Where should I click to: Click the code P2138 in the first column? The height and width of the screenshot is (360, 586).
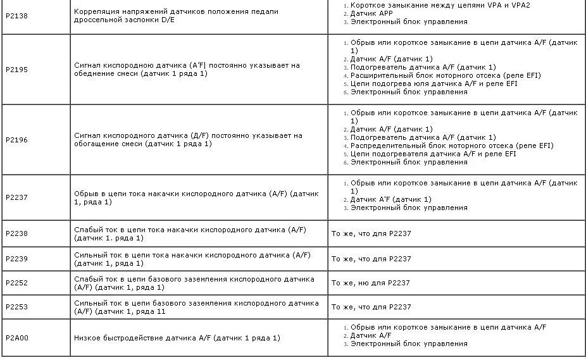point(16,16)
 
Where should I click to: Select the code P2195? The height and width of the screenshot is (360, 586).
point(16,69)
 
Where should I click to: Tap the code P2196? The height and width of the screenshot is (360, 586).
point(16,139)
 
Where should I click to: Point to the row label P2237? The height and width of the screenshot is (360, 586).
point(16,197)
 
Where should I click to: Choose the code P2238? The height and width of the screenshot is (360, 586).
point(16,233)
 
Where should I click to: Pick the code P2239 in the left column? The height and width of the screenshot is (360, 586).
point(16,259)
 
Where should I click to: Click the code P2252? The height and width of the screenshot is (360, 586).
point(16,283)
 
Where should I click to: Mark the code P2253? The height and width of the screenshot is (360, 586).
point(16,307)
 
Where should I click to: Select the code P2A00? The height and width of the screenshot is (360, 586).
point(16,338)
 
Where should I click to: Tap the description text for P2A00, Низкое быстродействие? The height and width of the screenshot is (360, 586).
point(177,338)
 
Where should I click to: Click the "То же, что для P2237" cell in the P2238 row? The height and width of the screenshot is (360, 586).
point(371,233)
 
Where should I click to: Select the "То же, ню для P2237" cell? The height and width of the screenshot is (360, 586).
point(371,283)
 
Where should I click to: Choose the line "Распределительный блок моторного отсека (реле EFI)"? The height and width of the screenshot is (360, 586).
point(452,146)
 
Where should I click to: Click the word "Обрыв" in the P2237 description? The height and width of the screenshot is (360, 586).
point(85,194)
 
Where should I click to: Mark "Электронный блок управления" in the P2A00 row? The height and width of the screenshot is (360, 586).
point(409,344)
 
